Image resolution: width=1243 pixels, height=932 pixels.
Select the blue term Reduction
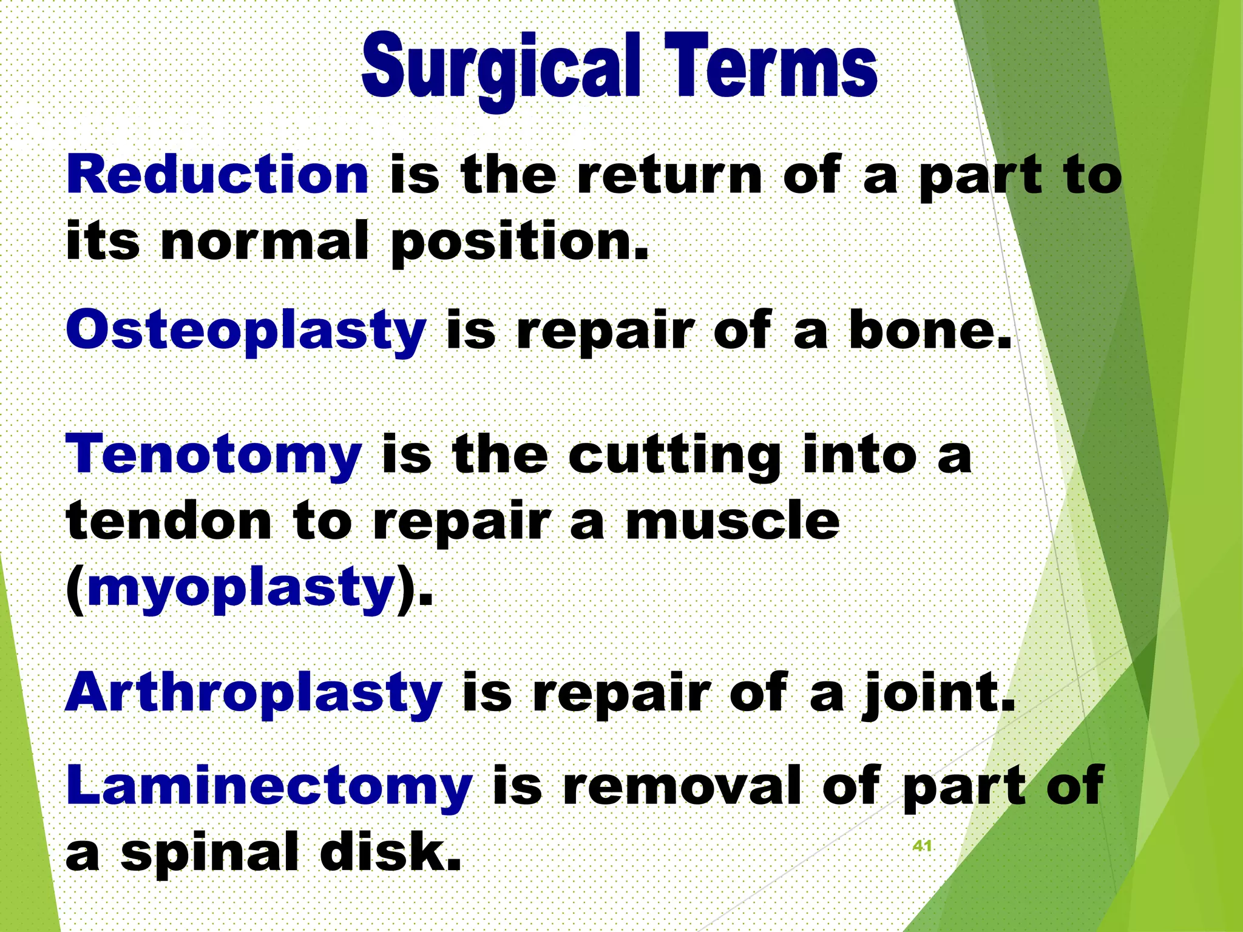(x=217, y=175)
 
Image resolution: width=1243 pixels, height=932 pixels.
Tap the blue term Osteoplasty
(x=246, y=331)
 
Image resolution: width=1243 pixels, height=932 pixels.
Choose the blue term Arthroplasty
(x=254, y=693)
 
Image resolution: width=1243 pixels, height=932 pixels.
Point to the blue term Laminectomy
(x=269, y=786)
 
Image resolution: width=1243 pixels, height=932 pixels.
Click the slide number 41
(x=922, y=846)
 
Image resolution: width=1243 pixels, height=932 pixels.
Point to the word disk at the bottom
(x=390, y=851)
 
